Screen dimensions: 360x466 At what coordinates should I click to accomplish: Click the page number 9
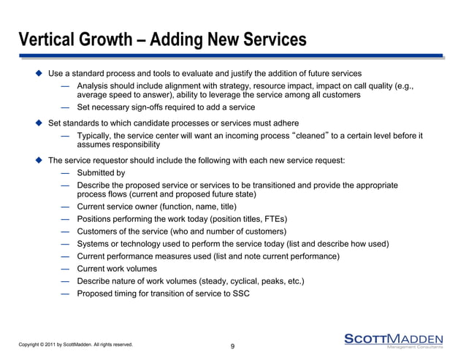[x=232, y=345]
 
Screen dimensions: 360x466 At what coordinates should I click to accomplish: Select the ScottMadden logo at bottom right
[x=393, y=340]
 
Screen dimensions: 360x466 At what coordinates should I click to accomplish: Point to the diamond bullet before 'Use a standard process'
[x=39, y=74]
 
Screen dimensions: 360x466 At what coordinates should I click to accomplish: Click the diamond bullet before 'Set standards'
[x=39, y=122]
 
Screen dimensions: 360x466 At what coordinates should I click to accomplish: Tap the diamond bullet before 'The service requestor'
[x=39, y=160]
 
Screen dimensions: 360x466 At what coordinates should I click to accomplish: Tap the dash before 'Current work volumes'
[x=66, y=269]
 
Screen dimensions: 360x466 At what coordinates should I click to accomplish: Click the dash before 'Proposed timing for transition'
[x=66, y=293]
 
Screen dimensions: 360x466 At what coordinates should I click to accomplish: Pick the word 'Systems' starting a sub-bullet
[x=95, y=244]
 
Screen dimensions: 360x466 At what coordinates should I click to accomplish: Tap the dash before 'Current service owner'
[x=66, y=207]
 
